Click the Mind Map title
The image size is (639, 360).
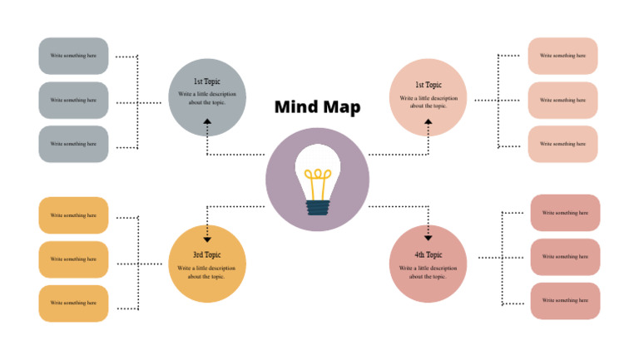point(317,107)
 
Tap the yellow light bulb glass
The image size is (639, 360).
point(317,170)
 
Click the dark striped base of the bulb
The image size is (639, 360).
point(317,207)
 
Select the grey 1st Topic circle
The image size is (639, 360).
point(207,97)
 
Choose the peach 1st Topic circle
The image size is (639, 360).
point(428,97)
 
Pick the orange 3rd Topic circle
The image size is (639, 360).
point(207,264)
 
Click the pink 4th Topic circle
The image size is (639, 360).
point(428,264)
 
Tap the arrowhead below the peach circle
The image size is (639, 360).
point(428,121)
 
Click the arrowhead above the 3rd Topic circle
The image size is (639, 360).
point(207,239)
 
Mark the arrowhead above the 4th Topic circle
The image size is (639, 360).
point(428,238)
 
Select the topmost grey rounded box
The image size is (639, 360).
point(73,56)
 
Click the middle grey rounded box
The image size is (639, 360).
point(73,100)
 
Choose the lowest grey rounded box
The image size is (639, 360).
point(73,144)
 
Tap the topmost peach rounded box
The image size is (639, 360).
point(562,56)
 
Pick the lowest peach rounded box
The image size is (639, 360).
point(562,144)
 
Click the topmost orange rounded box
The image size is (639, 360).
point(73,215)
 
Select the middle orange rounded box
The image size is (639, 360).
point(73,259)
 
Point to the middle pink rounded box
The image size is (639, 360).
point(565,257)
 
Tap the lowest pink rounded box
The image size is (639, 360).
point(565,301)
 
